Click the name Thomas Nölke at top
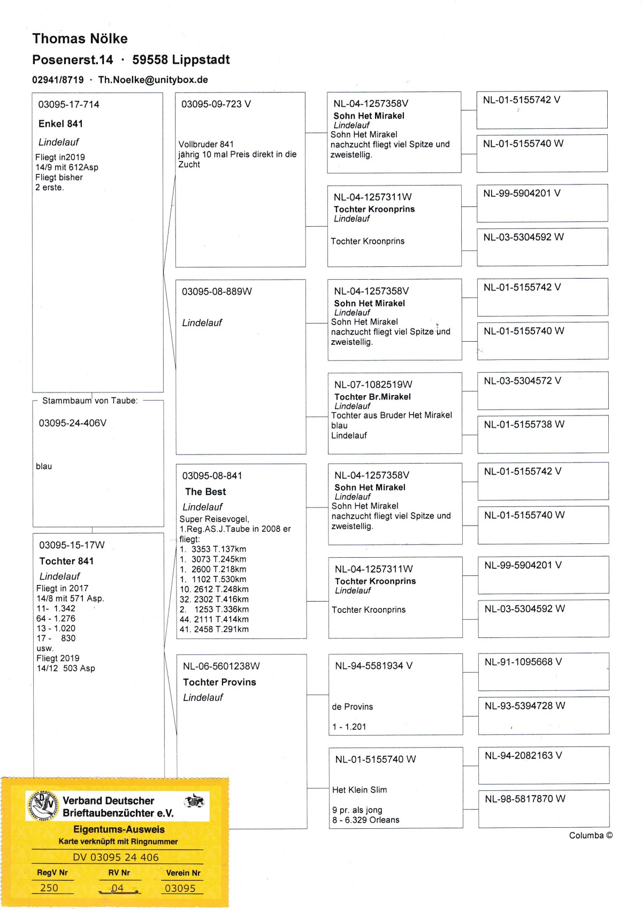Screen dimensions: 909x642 pos(80,38)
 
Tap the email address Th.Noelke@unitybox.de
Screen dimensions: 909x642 pos(153,80)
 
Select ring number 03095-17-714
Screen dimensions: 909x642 pos(68,104)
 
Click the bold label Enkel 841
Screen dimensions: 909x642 pos(60,124)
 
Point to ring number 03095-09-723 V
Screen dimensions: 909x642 pos(216,104)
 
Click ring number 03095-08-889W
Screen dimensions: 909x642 pos(217,291)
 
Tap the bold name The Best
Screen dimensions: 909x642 pos(205,491)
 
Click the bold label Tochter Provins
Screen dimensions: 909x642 pos(219,682)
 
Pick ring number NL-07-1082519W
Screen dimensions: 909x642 pos(373,384)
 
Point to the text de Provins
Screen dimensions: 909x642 pos(352,706)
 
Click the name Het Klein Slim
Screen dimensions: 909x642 pos(360,789)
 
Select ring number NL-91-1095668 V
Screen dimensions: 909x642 pos(523,662)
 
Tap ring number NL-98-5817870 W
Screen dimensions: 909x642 pos(525,799)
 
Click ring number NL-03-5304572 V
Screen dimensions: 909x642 pos(523,381)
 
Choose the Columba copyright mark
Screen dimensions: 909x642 pos(591,835)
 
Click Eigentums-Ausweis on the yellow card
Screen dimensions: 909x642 pos(119,829)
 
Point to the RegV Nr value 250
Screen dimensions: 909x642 pos(49,888)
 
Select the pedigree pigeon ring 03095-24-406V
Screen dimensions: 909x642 pos(73,423)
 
